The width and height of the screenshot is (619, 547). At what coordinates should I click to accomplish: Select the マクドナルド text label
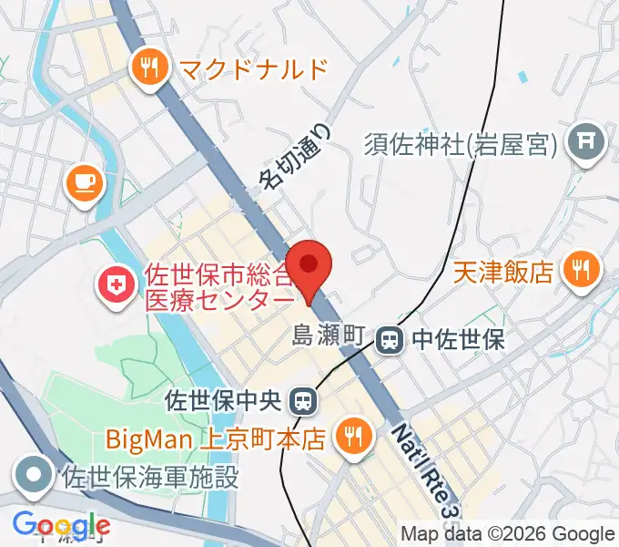pos(252,69)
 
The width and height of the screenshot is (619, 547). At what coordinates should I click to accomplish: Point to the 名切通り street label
pos(295,156)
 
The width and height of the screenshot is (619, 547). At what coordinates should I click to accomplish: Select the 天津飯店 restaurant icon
pos(581,270)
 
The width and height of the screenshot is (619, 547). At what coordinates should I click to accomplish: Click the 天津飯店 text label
pos(503,271)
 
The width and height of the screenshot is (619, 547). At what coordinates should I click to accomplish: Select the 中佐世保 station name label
pos(458,340)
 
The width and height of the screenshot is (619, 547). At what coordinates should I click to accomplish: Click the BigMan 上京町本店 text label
pos(215,439)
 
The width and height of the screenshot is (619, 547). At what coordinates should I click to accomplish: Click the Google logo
pos(60,526)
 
